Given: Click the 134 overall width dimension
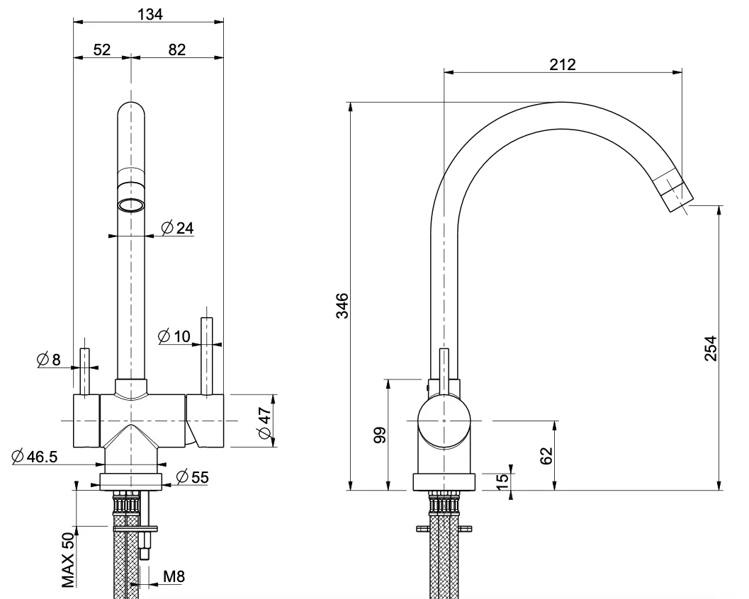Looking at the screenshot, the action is point(150,14).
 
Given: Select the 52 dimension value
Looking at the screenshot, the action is point(102,50).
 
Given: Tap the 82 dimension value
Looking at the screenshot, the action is point(176,50).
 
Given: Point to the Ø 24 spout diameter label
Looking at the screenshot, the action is point(178,228).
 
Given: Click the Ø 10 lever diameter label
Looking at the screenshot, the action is point(174,336).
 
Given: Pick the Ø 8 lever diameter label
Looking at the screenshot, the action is point(49,359).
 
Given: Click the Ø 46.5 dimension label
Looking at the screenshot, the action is point(35,457).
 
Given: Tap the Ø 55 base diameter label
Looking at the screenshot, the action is point(193,477).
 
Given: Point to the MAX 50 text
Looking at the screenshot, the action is point(68,560).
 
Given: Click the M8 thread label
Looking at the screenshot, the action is point(174,576).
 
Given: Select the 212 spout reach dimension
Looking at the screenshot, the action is point(562,64).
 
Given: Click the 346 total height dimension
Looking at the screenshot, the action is point(342,305).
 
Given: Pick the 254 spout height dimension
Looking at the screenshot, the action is point(711,348).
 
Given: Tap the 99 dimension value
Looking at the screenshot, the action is point(380,435).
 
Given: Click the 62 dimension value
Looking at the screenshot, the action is point(546,456).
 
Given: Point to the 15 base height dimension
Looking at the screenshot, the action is point(502,481).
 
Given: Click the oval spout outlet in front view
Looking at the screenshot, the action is point(131,205).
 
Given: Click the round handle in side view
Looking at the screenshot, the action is point(444,422).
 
